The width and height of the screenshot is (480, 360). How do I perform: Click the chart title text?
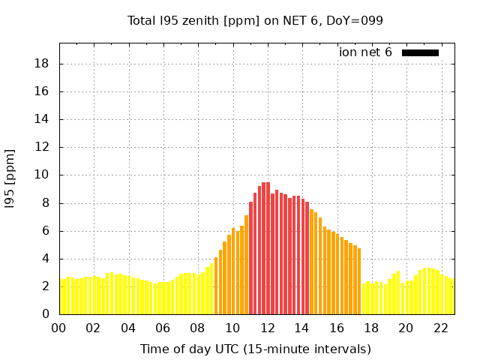(x=255, y=21)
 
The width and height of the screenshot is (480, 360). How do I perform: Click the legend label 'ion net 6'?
(x=365, y=52)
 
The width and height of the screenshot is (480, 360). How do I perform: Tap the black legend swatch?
(x=420, y=52)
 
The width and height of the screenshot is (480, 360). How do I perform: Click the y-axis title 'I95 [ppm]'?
(x=10, y=179)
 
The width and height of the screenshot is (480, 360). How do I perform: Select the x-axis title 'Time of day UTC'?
(x=255, y=349)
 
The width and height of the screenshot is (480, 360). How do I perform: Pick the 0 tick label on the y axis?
(x=46, y=314)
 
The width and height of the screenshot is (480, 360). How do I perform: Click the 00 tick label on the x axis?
(x=58, y=328)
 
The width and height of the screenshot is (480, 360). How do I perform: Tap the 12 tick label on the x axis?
(x=268, y=328)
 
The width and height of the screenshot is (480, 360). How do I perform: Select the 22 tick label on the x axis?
(x=441, y=328)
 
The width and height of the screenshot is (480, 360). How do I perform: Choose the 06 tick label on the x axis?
(x=163, y=328)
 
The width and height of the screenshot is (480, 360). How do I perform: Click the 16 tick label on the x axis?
(x=337, y=328)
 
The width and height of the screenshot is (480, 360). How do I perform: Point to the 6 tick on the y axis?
(x=46, y=231)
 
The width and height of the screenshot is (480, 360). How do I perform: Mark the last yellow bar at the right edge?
(x=451, y=297)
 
